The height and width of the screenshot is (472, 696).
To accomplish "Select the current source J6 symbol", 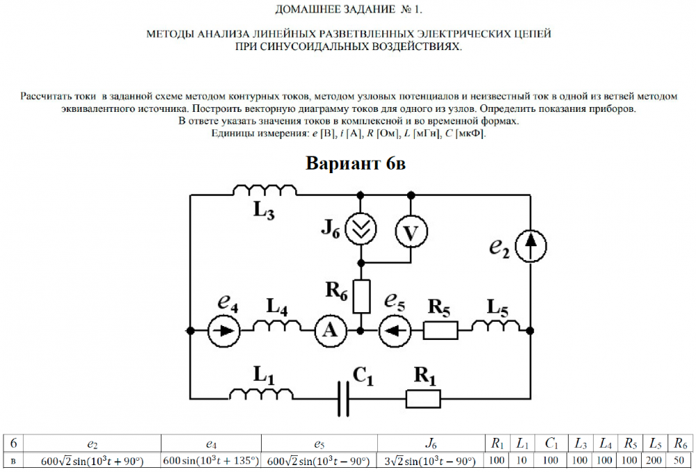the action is point(361,228).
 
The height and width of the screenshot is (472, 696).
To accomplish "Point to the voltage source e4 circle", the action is point(224,330).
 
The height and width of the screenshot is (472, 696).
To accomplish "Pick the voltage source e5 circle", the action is point(396,330).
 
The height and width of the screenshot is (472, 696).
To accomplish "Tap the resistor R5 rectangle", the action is point(441,330).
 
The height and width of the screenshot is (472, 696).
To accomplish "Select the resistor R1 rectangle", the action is point(423,398).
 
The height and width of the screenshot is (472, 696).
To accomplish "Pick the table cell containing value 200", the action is point(655,460).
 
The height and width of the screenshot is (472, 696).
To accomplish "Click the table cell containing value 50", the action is point(679,460).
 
